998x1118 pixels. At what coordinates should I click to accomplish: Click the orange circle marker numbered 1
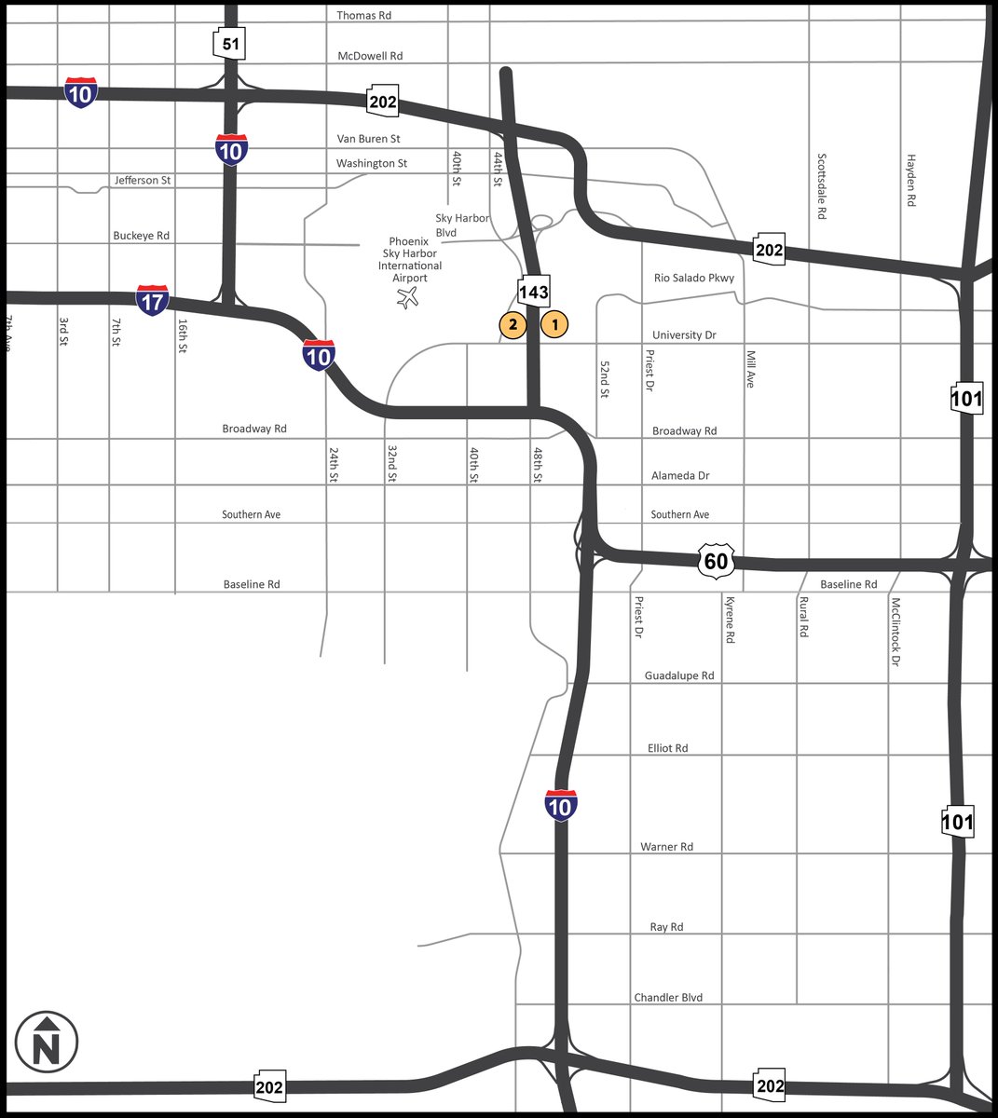(x=554, y=324)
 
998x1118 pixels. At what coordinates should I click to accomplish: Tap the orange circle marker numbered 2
(x=513, y=324)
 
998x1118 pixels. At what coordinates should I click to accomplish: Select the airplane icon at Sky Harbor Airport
(x=407, y=298)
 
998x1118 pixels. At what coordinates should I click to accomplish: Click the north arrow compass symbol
(x=47, y=1043)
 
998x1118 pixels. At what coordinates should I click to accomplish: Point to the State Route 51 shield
(x=229, y=44)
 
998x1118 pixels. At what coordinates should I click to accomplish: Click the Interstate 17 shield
(x=152, y=300)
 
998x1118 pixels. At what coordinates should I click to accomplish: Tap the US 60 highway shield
(x=716, y=561)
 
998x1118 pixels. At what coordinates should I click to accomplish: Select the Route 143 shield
(x=534, y=292)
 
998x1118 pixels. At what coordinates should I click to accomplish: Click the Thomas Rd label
(x=364, y=16)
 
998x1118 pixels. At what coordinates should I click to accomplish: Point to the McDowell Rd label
(x=370, y=56)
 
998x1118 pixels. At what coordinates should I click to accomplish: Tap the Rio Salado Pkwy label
(x=694, y=278)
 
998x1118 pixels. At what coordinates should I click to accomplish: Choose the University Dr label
(x=684, y=334)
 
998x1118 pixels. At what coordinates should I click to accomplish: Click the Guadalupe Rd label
(x=679, y=675)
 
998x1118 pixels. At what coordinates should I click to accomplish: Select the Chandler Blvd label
(x=668, y=997)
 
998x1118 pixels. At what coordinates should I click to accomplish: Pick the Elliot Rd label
(x=668, y=748)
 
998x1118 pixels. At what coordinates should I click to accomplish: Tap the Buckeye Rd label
(x=142, y=236)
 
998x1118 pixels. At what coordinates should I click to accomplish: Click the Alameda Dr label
(x=680, y=475)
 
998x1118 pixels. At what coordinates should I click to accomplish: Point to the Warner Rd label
(x=667, y=847)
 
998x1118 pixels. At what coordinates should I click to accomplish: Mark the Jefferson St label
(x=143, y=180)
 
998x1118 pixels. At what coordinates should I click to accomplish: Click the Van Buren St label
(x=368, y=139)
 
